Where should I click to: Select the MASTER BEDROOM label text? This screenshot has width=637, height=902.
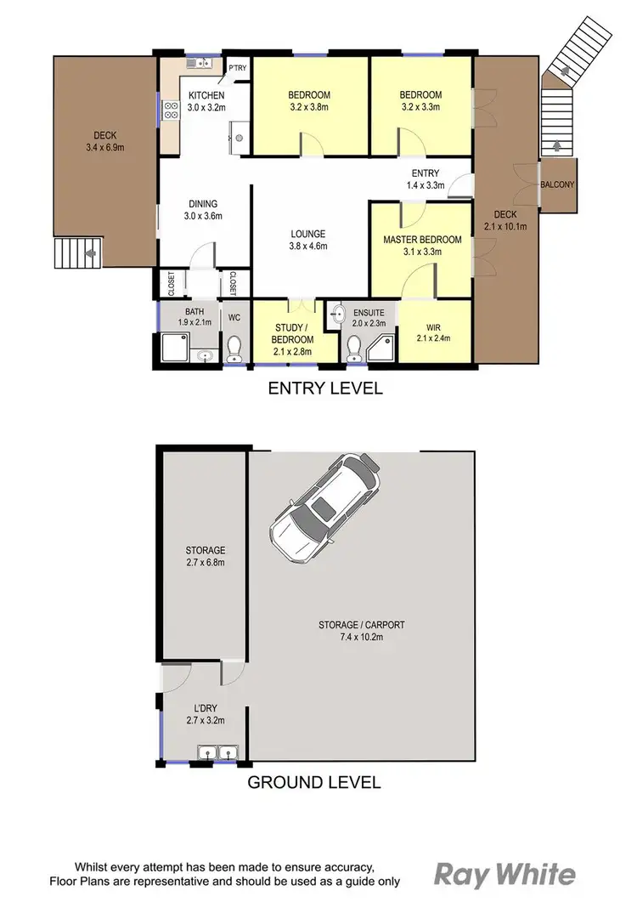422,240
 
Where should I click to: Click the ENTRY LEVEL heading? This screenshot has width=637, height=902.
325,389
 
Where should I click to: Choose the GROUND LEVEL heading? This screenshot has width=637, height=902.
313,782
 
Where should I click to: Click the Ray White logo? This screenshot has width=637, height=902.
505,874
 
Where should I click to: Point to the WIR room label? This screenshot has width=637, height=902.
434,326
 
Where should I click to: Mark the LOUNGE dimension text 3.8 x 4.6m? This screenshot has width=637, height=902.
308,247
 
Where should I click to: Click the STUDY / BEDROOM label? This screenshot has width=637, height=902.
294,334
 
